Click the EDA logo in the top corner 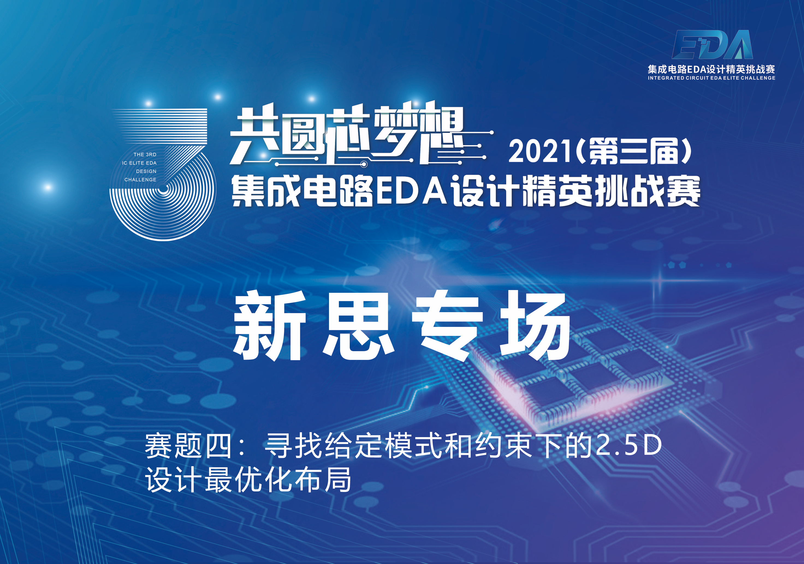tap(712, 44)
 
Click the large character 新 tap(270, 326)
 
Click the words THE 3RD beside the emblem tap(145, 154)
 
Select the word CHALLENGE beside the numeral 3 tap(140, 180)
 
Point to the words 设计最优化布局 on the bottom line tap(248, 480)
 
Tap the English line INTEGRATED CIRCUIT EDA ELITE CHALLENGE tap(711, 78)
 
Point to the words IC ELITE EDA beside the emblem tap(140, 163)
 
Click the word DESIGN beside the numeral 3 tap(146, 171)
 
